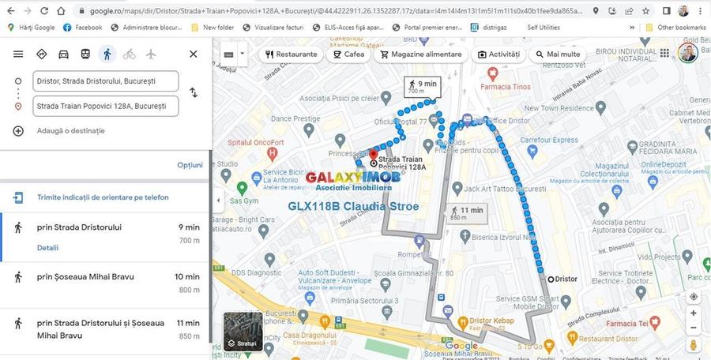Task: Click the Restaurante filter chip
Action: point(291,54)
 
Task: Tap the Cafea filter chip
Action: point(348,54)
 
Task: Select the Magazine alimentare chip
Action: point(420,54)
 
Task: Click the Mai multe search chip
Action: point(558,54)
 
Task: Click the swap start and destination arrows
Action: point(194,93)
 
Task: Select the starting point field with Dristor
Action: point(106,81)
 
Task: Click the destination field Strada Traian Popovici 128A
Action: point(106,106)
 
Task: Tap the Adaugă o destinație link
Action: point(70,130)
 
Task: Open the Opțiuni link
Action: point(190,165)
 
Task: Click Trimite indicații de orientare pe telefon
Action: point(103,197)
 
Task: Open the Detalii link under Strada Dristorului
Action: point(47,248)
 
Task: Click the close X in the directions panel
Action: point(193,54)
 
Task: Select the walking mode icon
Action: point(107,54)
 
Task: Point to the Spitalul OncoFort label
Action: point(255,142)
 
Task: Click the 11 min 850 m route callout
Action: point(466,213)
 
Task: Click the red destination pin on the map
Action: point(373,155)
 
